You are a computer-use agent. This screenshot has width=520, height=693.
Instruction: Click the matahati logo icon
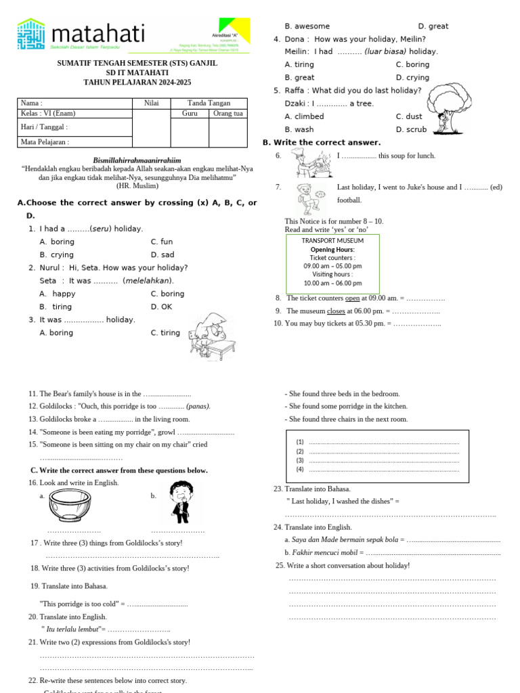31,34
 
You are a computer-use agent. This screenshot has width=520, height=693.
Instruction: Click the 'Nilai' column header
151,103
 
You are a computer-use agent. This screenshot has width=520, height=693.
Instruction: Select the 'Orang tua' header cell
227,113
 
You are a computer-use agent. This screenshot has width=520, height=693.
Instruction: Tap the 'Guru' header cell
190,113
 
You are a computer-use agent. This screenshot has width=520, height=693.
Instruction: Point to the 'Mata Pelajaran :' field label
45,142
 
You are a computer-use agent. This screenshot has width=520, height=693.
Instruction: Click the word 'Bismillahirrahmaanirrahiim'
137,160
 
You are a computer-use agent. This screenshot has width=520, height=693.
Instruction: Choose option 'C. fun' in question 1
162,242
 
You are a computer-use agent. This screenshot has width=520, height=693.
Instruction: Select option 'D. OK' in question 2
162,307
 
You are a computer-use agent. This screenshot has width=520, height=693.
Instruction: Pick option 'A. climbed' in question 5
304,116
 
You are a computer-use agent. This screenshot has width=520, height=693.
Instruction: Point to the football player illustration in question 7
309,198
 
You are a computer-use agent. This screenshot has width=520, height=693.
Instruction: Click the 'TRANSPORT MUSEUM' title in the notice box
332,240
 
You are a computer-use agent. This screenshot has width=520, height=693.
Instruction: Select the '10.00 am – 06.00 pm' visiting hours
332,284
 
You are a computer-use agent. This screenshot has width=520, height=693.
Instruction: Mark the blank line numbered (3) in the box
383,460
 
